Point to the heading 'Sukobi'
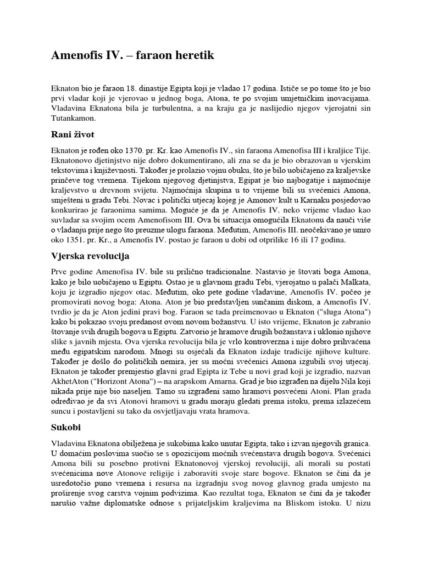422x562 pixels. click(x=66, y=425)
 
